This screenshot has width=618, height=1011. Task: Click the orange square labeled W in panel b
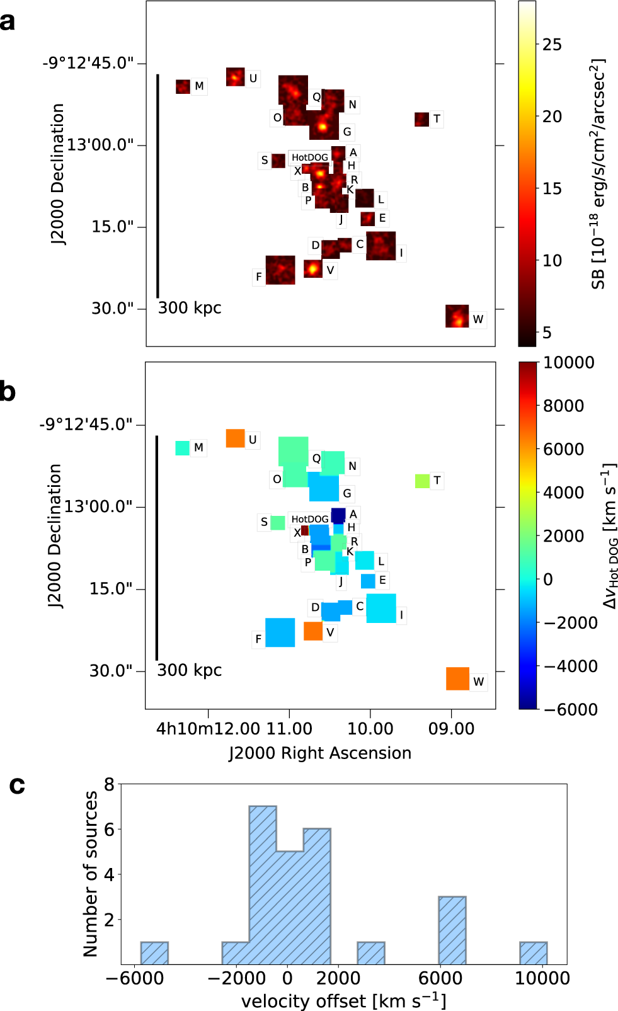click(457, 678)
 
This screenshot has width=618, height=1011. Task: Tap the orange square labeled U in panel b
click(235, 438)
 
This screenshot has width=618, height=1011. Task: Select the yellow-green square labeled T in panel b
click(422, 481)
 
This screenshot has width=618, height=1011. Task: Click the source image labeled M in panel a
click(183, 86)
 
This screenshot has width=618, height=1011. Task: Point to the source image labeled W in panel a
click(457, 316)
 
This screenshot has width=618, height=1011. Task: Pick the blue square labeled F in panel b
click(280, 632)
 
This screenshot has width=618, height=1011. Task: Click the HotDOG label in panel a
click(309, 157)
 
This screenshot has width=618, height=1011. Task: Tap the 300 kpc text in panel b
click(189, 670)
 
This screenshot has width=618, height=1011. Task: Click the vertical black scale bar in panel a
click(157, 186)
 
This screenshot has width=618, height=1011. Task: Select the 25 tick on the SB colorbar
click(551, 45)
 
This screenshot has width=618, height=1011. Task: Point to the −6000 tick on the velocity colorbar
click(570, 709)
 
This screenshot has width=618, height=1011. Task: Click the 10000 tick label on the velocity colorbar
click(569, 363)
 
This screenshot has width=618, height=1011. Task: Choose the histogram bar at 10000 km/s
click(533, 953)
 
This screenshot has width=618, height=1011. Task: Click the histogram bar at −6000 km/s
click(154, 953)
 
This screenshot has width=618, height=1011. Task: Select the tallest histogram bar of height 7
click(263, 885)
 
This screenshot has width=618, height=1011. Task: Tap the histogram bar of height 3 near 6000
click(452, 930)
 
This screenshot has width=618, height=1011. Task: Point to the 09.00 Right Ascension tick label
click(451, 729)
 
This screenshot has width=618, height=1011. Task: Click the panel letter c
click(17, 785)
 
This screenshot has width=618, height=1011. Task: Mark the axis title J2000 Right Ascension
click(319, 753)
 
